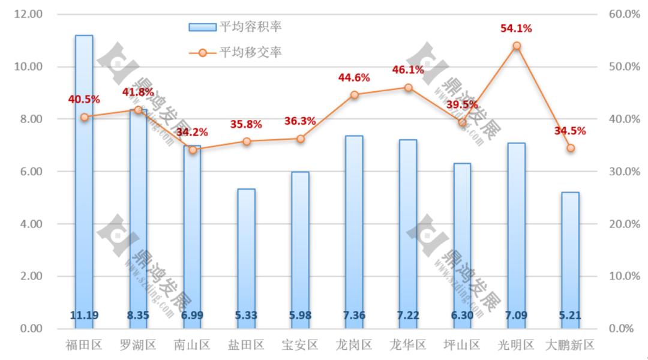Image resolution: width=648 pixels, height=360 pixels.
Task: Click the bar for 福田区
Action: click(x=84, y=180)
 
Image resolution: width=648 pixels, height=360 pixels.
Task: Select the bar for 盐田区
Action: click(x=246, y=258)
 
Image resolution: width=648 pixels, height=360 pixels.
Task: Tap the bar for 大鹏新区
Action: click(x=571, y=258)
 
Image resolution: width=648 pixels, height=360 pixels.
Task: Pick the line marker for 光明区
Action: click(x=517, y=46)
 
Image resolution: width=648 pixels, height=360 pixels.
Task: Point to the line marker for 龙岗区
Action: click(x=354, y=95)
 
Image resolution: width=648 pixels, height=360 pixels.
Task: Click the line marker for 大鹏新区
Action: click(x=571, y=148)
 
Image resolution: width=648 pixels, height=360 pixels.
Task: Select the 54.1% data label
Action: click(x=517, y=28)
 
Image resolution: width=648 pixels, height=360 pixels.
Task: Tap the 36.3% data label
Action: click(x=300, y=121)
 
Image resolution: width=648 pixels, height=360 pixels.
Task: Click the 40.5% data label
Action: click(x=84, y=100)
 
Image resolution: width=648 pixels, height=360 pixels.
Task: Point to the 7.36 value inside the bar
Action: click(x=354, y=316)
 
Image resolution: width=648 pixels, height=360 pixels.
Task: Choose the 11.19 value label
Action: click(x=84, y=316)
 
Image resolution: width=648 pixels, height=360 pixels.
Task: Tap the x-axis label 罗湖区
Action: click(x=138, y=345)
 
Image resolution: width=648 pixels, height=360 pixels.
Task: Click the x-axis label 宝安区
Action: click(x=300, y=345)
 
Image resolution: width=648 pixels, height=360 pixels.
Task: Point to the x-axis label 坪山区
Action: click(x=463, y=345)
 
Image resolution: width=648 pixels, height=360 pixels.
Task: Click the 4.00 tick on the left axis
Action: click(x=31, y=224)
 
